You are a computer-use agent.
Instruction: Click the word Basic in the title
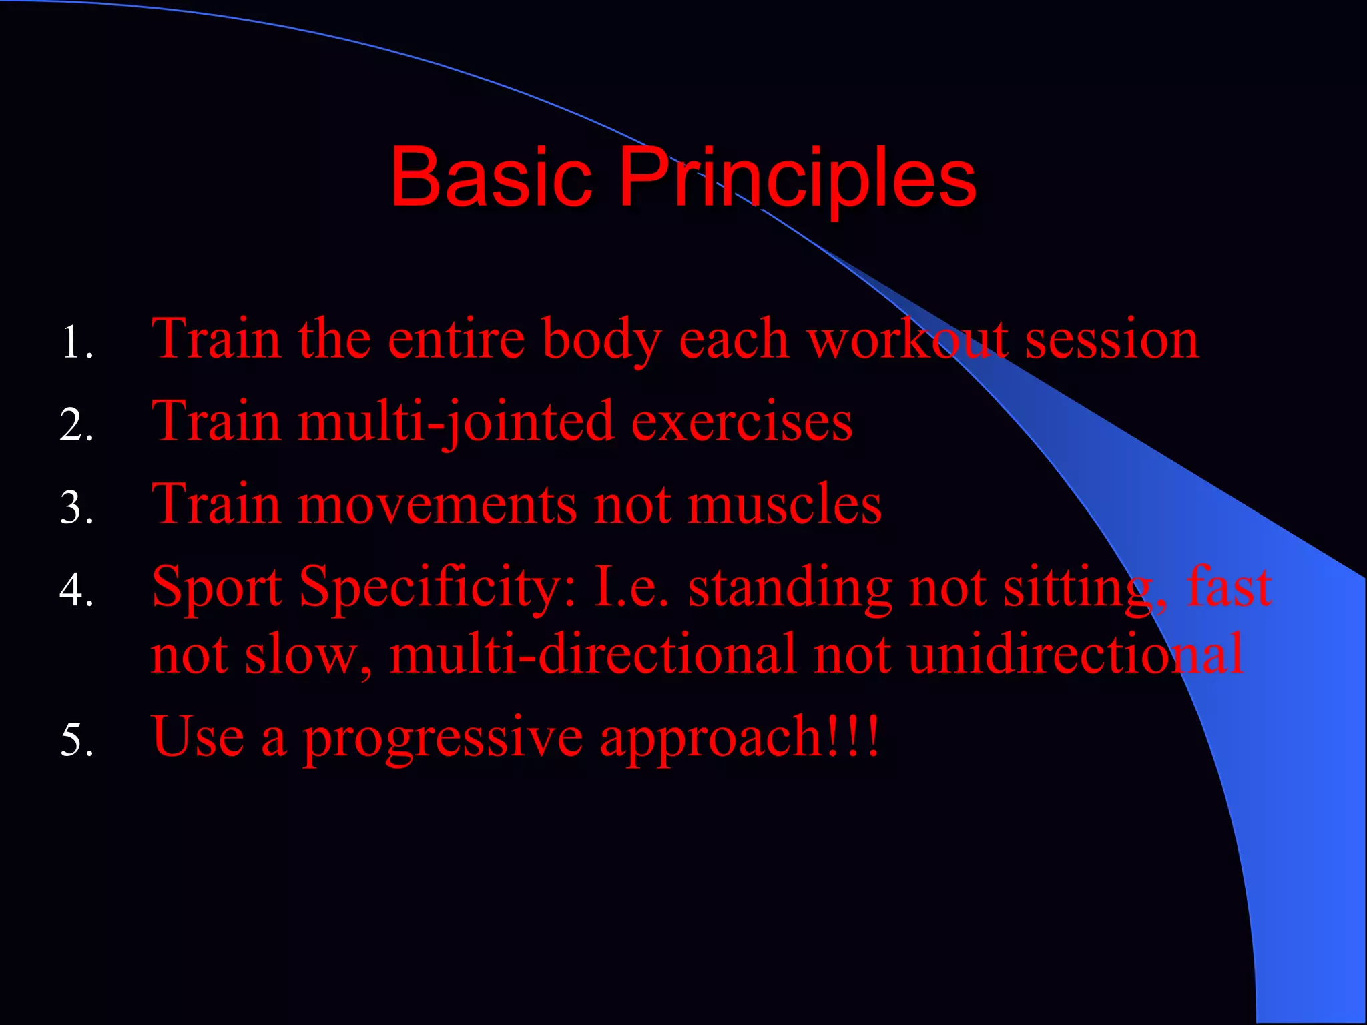tap(491, 178)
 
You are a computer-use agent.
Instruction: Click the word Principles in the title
tap(798, 179)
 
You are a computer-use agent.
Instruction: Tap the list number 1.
tap(75, 342)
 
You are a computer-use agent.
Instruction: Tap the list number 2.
tap(75, 425)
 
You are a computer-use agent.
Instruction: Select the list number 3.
tap(75, 507)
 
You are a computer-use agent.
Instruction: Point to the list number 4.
tap(75, 590)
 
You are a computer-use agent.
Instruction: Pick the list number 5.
tap(75, 739)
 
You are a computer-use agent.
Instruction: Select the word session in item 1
tap(1111, 339)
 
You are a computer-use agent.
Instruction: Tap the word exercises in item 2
tap(742, 422)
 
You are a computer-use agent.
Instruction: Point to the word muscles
tap(785, 504)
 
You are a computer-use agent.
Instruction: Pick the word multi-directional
tap(593, 654)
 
